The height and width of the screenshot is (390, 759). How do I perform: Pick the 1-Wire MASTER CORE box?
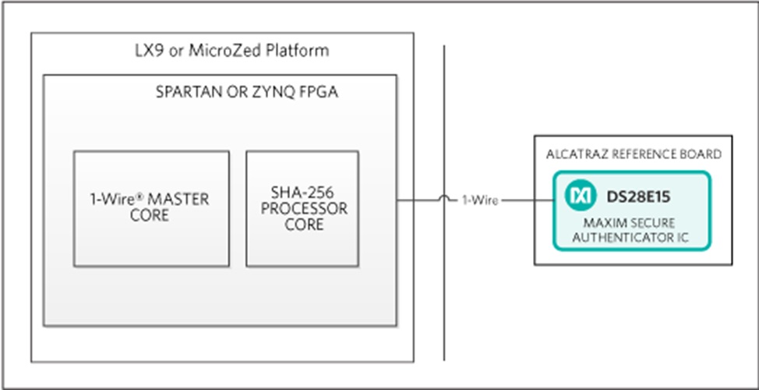click(x=151, y=207)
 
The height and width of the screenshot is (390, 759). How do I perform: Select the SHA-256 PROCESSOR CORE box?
click(x=302, y=207)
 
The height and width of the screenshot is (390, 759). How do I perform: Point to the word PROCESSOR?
click(x=304, y=209)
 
